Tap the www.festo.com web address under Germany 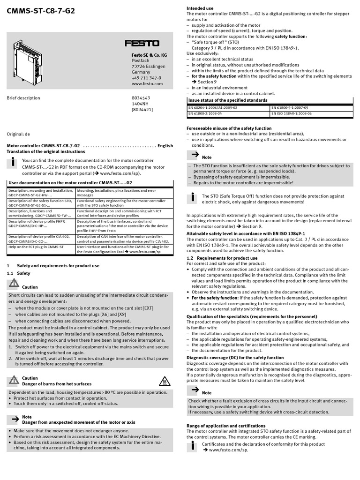(147, 84)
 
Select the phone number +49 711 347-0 (146, 78)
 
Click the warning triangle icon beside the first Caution (14, 284)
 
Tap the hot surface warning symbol (164, 381)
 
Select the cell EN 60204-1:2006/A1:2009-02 (212, 107)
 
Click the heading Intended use (200, 8)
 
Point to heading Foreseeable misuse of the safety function (229, 128)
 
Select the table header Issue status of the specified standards (228, 100)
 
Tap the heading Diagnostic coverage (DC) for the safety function (235, 358)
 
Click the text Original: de (18, 134)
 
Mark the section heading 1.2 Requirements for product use (222, 258)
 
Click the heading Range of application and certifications (226, 426)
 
